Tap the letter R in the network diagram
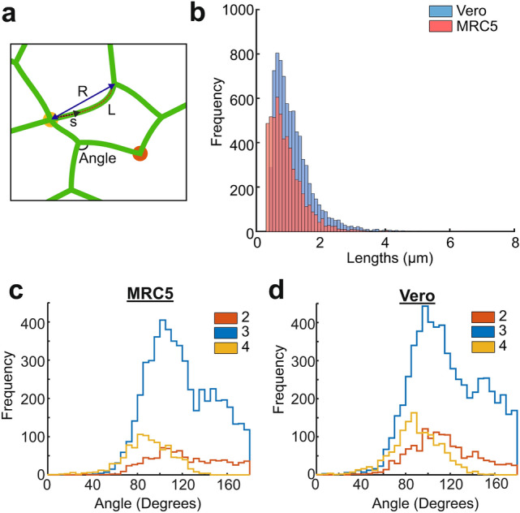(x=82, y=92)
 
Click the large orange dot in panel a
(x=140, y=153)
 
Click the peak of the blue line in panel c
(x=161, y=320)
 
